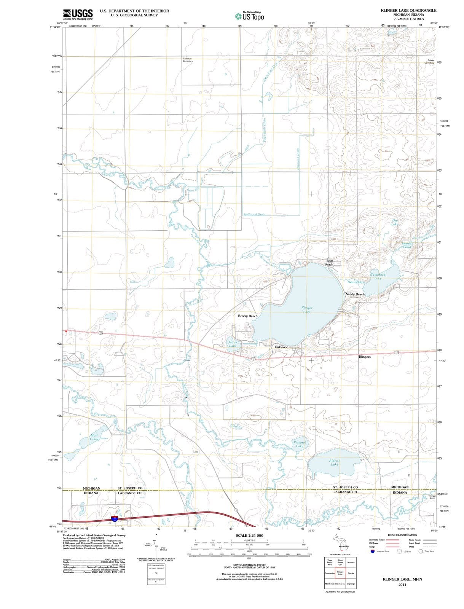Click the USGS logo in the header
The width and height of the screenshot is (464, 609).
78,14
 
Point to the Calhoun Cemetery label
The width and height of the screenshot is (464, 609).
188,60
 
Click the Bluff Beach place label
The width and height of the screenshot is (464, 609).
329,262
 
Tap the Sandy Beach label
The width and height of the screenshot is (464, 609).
355,294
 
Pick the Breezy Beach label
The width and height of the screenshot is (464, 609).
248,316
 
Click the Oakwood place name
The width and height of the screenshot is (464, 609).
281,347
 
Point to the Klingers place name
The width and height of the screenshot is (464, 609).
364,357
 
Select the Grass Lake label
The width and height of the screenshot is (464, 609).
233,344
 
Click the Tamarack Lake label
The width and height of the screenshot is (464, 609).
378,276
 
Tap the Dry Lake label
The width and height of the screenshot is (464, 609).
395,222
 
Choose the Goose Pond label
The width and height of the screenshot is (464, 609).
407,245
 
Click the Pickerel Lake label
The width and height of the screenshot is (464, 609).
300,444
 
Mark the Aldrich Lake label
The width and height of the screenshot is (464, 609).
335,462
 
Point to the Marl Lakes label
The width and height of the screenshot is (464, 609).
94,437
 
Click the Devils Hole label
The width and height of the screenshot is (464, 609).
356,282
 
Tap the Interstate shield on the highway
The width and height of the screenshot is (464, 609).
115,518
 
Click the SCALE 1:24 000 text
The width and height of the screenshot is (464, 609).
249,536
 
